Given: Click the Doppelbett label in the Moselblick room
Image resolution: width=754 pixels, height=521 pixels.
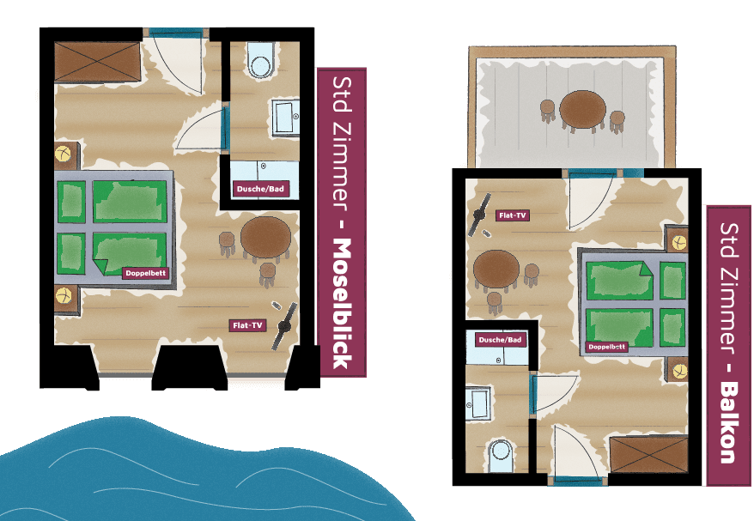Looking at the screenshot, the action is coord(146,273).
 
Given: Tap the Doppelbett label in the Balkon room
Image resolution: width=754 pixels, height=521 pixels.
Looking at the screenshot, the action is coord(607,347).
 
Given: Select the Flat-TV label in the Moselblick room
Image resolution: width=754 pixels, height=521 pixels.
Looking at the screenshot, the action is coord(247,325).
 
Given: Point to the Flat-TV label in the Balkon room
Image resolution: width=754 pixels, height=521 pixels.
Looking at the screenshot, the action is coord(513,215).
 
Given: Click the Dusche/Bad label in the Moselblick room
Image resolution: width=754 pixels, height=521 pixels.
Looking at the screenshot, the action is coord(260,189).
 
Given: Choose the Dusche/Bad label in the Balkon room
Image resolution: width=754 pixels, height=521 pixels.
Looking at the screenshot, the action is coord(500,340).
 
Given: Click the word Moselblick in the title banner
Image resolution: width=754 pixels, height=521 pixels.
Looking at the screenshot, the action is coord(344,304).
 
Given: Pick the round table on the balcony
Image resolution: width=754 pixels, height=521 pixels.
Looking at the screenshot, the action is coord(583,110).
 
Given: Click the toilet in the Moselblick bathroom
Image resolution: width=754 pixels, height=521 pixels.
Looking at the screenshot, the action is coord(261,61).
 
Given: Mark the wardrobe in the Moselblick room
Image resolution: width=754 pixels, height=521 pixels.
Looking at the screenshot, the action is coord(98,62).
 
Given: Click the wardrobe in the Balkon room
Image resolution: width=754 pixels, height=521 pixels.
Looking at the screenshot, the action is coord(648,455).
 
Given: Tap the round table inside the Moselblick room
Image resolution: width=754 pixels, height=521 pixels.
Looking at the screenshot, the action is coord(265,238).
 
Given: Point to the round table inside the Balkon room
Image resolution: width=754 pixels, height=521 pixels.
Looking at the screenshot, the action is coord(496,270).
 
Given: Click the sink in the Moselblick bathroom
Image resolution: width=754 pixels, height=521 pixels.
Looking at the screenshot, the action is coord(286,118).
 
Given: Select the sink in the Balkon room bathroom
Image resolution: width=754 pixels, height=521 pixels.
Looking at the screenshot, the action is coord(478,403).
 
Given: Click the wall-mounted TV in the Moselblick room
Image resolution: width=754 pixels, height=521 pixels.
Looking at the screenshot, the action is coord(285,326).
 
